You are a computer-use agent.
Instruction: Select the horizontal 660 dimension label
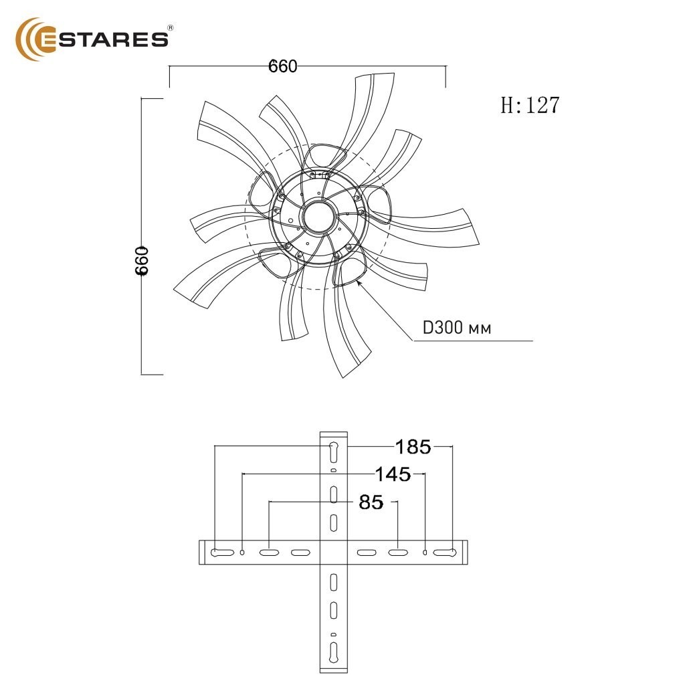pyautogui.click(x=283, y=66)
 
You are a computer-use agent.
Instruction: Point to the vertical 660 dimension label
pyautogui.click(x=142, y=261)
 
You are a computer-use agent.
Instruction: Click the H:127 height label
pyautogui.click(x=530, y=105)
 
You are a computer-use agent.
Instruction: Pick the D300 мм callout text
pyautogui.click(x=457, y=328)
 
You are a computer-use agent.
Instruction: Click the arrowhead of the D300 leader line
pyautogui.click(x=359, y=283)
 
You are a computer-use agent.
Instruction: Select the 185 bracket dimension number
pyautogui.click(x=413, y=447)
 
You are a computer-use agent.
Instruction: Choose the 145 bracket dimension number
pyautogui.click(x=393, y=474)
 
